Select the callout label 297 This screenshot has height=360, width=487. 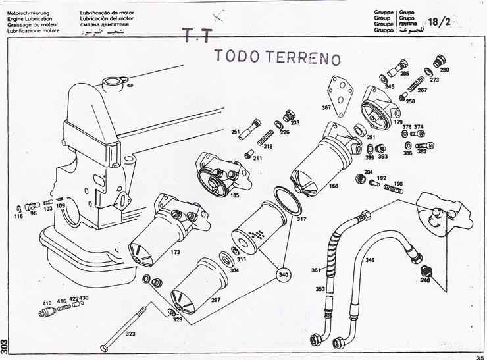pos(215,299)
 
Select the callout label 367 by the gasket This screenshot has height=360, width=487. pos(326,107)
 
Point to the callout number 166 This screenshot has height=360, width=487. pos(334,186)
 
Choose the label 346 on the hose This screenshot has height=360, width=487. pos(370,261)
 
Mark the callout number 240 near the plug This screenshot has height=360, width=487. pos(424,280)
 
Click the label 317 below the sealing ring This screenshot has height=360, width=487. pos(301,219)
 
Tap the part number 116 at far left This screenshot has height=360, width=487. pos(18,215)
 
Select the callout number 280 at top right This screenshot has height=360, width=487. pos(444,69)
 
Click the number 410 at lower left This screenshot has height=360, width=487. pos(46,303)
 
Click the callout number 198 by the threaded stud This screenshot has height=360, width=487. pos(398,183)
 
